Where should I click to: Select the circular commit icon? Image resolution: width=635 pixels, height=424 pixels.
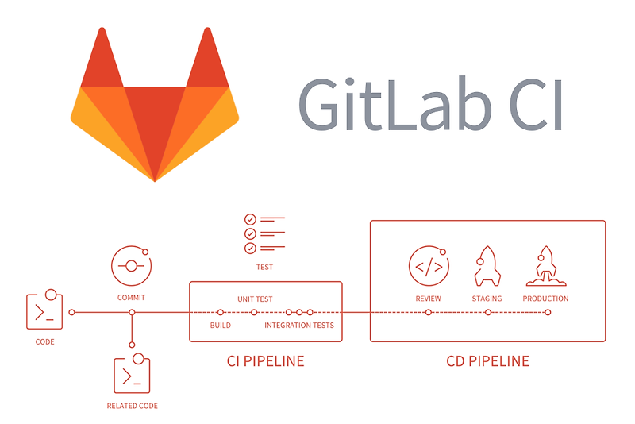pyautogui.click(x=130, y=265)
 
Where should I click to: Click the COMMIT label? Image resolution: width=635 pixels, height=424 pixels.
pyautogui.click(x=131, y=298)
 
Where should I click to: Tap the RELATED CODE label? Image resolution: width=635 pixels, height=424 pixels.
pyautogui.click(x=132, y=406)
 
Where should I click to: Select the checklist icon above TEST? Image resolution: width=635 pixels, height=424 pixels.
pyautogui.click(x=264, y=233)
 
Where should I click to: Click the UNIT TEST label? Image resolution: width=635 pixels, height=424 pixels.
pyautogui.click(x=255, y=299)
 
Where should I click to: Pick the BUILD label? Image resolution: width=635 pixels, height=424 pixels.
pyautogui.click(x=220, y=326)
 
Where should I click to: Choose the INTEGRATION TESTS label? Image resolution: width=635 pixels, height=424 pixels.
pyautogui.click(x=299, y=326)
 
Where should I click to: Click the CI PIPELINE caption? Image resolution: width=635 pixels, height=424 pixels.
pyautogui.click(x=265, y=361)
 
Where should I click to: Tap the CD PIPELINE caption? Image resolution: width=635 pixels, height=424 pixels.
pyautogui.click(x=487, y=361)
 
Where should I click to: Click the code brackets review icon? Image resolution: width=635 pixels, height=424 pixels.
pyautogui.click(x=429, y=266)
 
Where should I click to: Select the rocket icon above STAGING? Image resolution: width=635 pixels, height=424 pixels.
pyautogui.click(x=487, y=266)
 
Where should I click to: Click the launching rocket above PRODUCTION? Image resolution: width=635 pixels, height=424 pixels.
pyautogui.click(x=545, y=266)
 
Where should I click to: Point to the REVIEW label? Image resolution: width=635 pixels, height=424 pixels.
pyautogui.click(x=428, y=299)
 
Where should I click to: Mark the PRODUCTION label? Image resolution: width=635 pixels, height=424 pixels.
pyautogui.click(x=545, y=299)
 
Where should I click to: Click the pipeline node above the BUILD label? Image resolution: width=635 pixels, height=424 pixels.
pyautogui.click(x=220, y=313)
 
